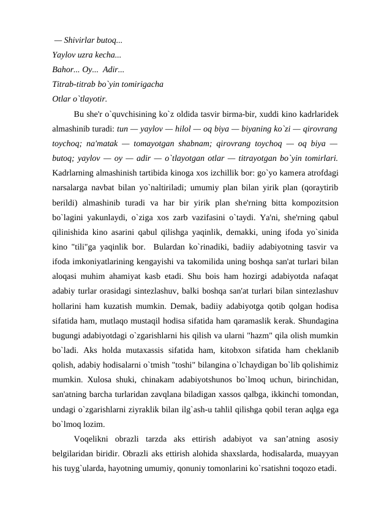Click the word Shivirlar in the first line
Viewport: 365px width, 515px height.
coord(78,41)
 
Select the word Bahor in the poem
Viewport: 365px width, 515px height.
coord(63,69)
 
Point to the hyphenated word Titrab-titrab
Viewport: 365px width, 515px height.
coord(73,83)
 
